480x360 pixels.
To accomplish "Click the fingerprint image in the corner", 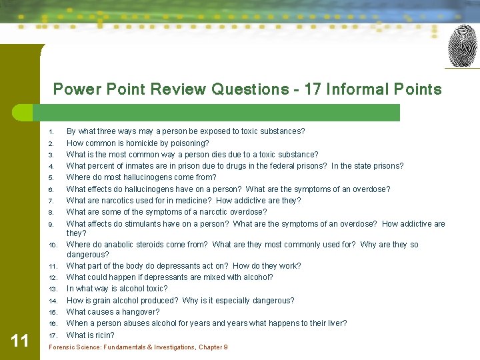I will pyautogui.click(x=462, y=46).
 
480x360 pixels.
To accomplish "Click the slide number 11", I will pyautogui.click(x=20, y=341).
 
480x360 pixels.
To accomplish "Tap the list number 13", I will pyautogui.click(x=53, y=289).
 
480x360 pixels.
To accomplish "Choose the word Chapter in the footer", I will pyautogui.click(x=209, y=347).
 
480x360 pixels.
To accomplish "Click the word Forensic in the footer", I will pyautogui.click(x=62, y=347).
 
